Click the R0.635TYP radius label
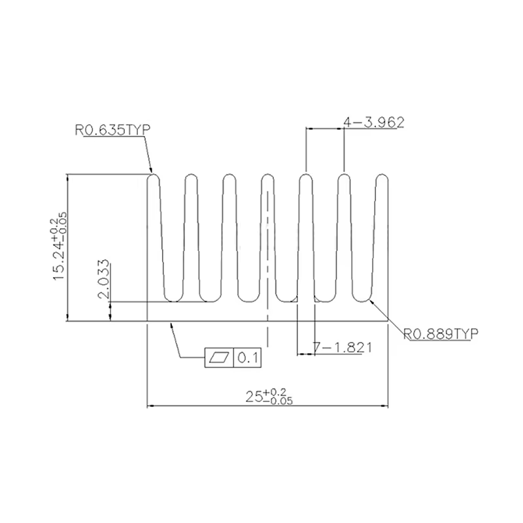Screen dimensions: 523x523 112,129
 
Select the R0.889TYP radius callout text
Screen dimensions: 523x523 441,333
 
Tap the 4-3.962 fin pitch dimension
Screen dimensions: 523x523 374,122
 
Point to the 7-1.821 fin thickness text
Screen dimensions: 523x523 342,348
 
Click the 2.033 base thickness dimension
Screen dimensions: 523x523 104,279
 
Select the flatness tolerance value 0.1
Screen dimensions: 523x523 248,358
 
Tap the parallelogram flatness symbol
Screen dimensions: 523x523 219,358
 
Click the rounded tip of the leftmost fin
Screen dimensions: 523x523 154,174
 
